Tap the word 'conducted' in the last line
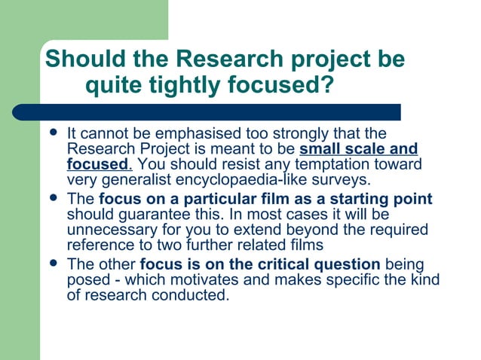click(192, 294)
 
